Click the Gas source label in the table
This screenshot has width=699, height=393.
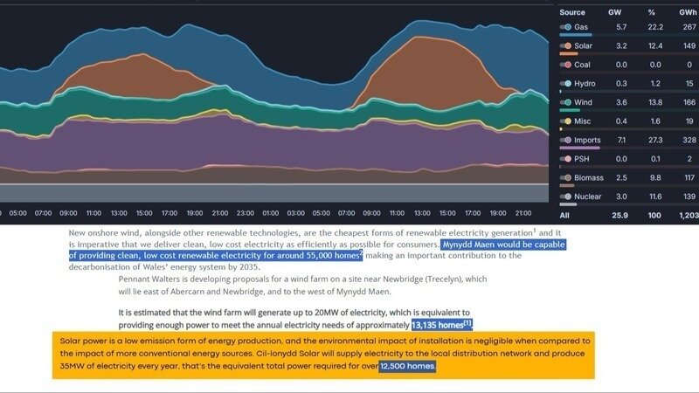pos(582,28)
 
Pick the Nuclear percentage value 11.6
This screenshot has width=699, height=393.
pos(654,196)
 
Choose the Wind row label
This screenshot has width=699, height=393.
pos(584,102)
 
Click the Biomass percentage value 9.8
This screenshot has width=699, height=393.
pos(655,177)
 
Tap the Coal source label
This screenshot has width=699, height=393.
pos(583,65)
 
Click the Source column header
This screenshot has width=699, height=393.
pos(572,13)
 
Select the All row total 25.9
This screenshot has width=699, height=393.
pos(619,214)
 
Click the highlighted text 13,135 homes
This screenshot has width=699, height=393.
pos(441,325)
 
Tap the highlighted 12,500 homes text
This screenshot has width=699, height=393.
pos(407,366)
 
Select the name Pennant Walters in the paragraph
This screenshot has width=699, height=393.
pos(151,279)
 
